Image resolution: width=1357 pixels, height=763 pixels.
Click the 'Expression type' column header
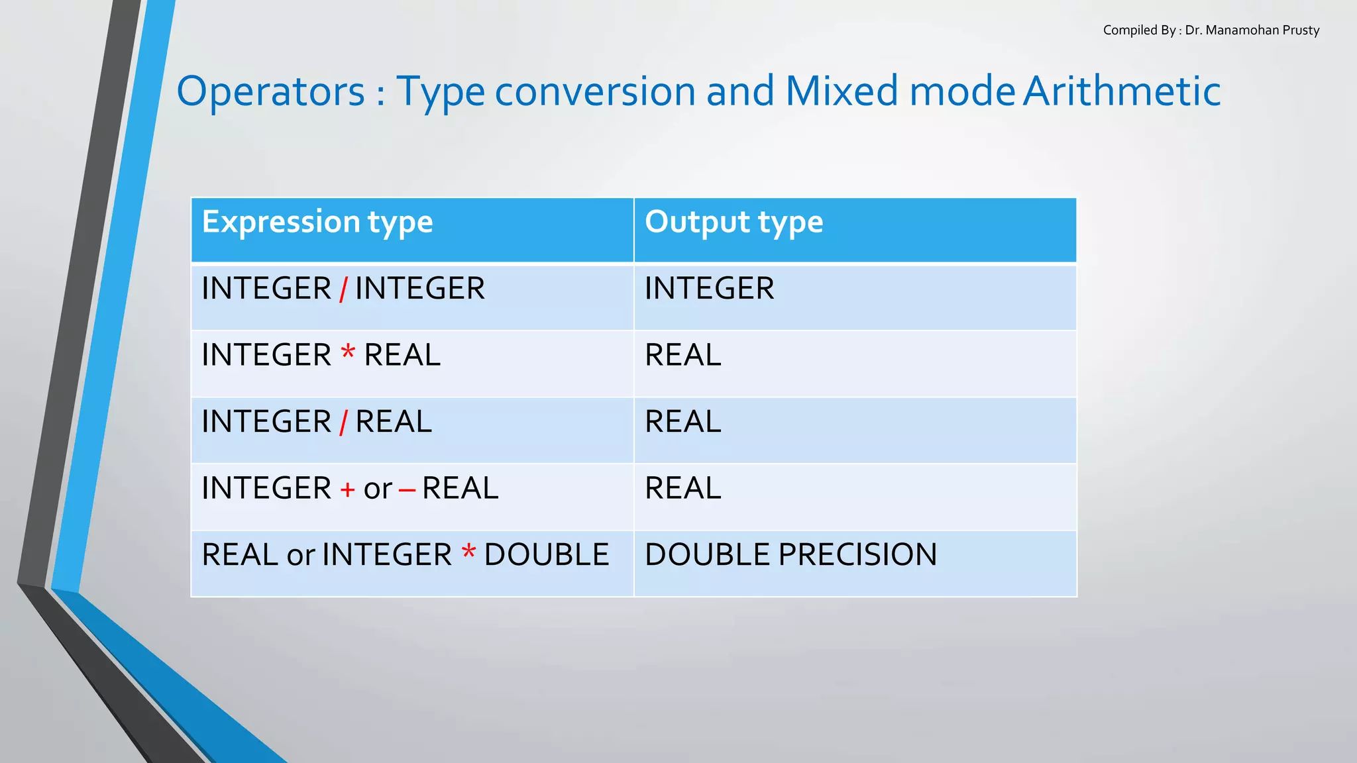(317, 223)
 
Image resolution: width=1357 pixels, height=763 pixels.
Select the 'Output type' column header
(733, 223)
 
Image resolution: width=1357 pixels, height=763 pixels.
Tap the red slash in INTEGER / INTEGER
(343, 289)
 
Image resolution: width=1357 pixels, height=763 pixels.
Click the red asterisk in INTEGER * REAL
(348, 353)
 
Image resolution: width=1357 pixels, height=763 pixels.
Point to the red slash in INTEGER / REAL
(343, 423)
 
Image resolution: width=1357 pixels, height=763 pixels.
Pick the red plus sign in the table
(347, 490)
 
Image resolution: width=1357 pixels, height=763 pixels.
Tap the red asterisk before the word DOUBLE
(468, 552)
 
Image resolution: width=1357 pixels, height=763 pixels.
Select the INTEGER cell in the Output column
(709, 289)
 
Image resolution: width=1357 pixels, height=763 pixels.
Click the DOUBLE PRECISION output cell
(790, 555)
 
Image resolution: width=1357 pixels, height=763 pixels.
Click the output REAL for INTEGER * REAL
(682, 356)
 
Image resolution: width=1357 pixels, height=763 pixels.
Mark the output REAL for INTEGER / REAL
(682, 422)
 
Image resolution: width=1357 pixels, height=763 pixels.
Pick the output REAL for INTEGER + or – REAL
(682, 489)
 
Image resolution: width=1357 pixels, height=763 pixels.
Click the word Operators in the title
(270, 91)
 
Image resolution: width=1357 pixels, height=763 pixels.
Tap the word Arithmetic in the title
(1121, 91)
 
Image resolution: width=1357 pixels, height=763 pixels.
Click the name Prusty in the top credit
(1301, 30)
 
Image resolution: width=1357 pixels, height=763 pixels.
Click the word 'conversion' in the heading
(595, 91)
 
